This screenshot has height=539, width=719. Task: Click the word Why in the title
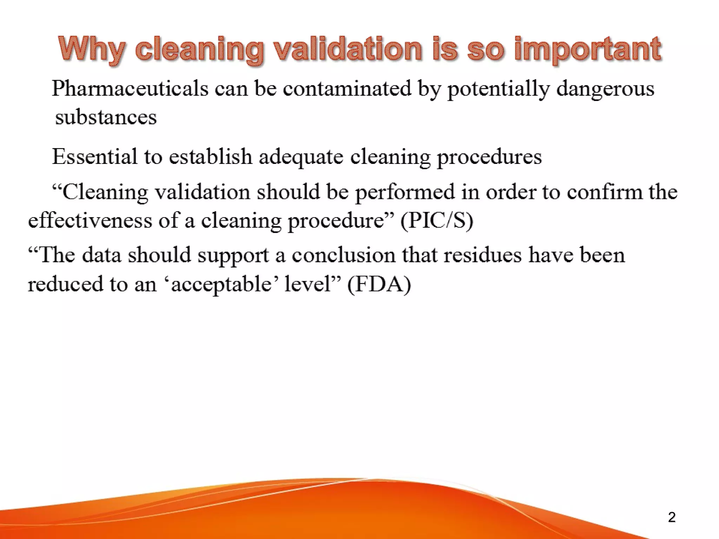pyautogui.click(x=92, y=49)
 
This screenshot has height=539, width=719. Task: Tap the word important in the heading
pyautogui.click(x=588, y=49)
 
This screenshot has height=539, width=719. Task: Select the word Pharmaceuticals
pyautogui.click(x=130, y=88)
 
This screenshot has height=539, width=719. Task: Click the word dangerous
pyautogui.click(x=605, y=88)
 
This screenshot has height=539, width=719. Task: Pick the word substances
pyautogui.click(x=106, y=117)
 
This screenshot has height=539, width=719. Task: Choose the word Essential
pyautogui.click(x=94, y=157)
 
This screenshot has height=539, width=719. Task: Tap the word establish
pyautogui.click(x=210, y=157)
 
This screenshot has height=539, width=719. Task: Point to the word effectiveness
pyautogui.click(x=90, y=221)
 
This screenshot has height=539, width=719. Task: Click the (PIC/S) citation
pyautogui.click(x=437, y=221)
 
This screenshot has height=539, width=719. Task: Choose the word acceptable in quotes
pyautogui.click(x=221, y=284)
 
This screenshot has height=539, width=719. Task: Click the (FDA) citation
pyautogui.click(x=379, y=284)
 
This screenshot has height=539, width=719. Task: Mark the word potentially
pyautogui.click(x=498, y=88)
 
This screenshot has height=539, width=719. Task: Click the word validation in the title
pyautogui.click(x=348, y=49)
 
